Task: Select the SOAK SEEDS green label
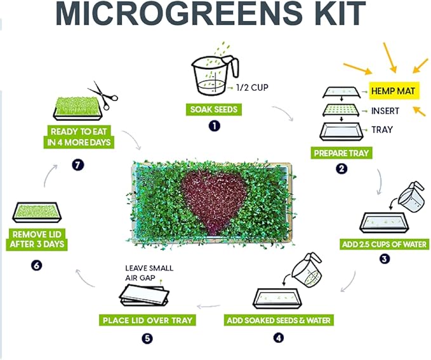(x=213, y=109)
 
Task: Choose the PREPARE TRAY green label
(x=341, y=153)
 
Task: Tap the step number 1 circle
(x=214, y=126)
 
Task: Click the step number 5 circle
(x=147, y=338)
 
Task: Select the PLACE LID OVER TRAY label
(x=147, y=320)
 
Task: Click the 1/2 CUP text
(x=253, y=89)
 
